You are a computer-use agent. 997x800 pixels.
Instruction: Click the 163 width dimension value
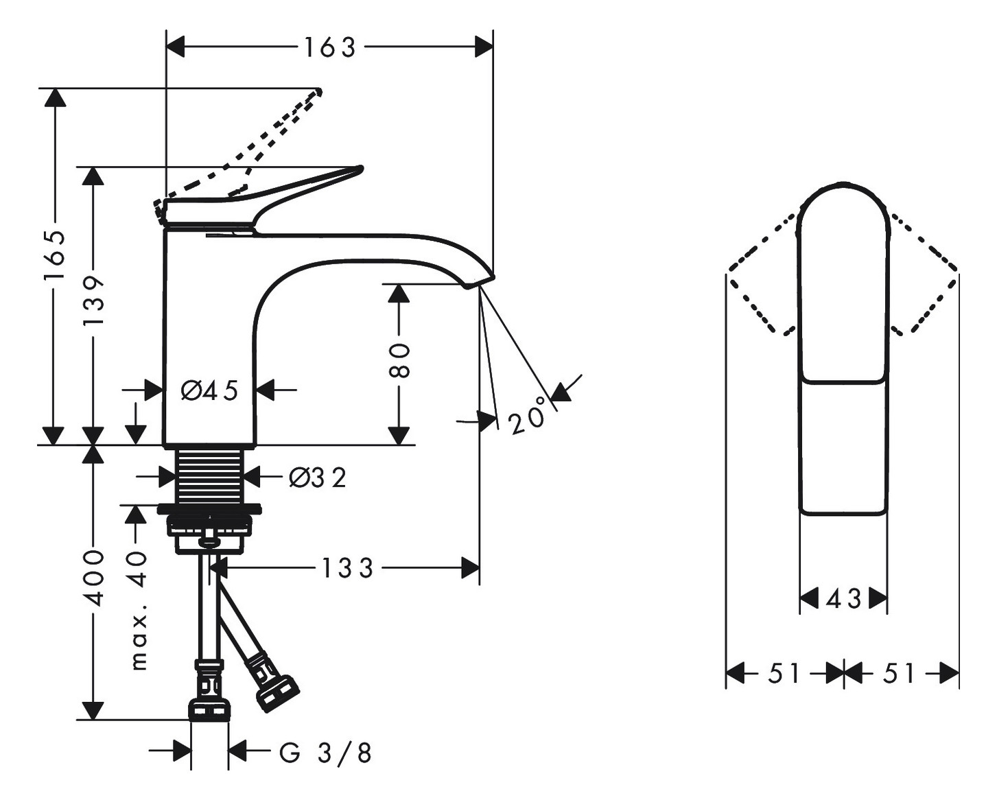pyautogui.click(x=329, y=48)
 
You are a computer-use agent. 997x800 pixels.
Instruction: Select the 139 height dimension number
pyautogui.click(x=93, y=301)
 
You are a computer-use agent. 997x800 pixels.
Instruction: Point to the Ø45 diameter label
pyautogui.click(x=209, y=390)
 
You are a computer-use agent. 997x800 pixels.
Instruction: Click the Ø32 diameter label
pyautogui.click(x=318, y=478)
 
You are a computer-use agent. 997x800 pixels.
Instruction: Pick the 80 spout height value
pyautogui.click(x=399, y=361)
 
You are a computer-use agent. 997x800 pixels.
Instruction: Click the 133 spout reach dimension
pyautogui.click(x=347, y=568)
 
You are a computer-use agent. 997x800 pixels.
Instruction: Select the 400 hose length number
pyautogui.click(x=95, y=578)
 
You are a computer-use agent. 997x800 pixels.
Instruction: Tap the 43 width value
pyautogui.click(x=844, y=599)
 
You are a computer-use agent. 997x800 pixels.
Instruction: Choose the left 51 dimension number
pyautogui.click(x=784, y=673)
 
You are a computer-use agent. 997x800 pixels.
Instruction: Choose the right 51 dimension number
pyautogui.click(x=900, y=673)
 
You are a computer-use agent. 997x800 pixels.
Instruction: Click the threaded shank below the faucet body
pyautogui.click(x=210, y=476)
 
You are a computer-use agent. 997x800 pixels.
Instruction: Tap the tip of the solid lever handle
pyautogui.click(x=360, y=169)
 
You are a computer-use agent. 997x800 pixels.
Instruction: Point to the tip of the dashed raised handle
pyautogui.click(x=319, y=91)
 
